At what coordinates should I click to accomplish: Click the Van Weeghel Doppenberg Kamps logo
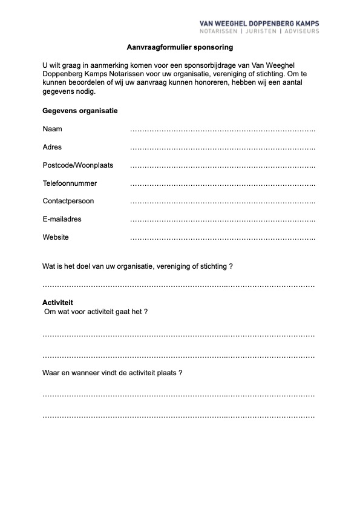(x=259, y=27)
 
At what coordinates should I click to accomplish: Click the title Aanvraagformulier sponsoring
(x=180, y=47)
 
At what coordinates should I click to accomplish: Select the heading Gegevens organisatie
(x=80, y=111)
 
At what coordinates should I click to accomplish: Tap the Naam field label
(x=52, y=129)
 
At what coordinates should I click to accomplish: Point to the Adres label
(x=52, y=147)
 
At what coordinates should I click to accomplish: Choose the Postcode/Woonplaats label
(x=77, y=165)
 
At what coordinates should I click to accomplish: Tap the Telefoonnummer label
(x=70, y=183)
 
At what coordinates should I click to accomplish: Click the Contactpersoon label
(x=68, y=201)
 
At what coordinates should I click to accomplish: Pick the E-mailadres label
(x=62, y=219)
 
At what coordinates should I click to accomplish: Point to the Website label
(x=56, y=237)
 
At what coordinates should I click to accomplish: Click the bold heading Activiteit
(x=57, y=302)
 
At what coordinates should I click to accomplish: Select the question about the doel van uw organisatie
(x=137, y=266)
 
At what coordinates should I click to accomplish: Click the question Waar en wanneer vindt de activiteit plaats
(x=113, y=373)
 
